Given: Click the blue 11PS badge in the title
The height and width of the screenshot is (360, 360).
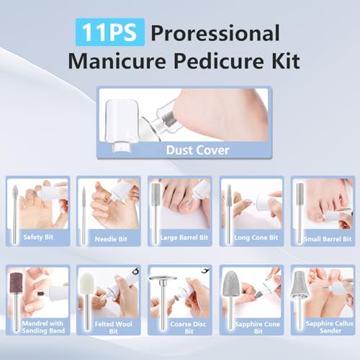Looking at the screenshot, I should (x=110, y=32).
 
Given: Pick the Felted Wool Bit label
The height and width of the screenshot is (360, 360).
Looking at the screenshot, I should (x=109, y=328).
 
